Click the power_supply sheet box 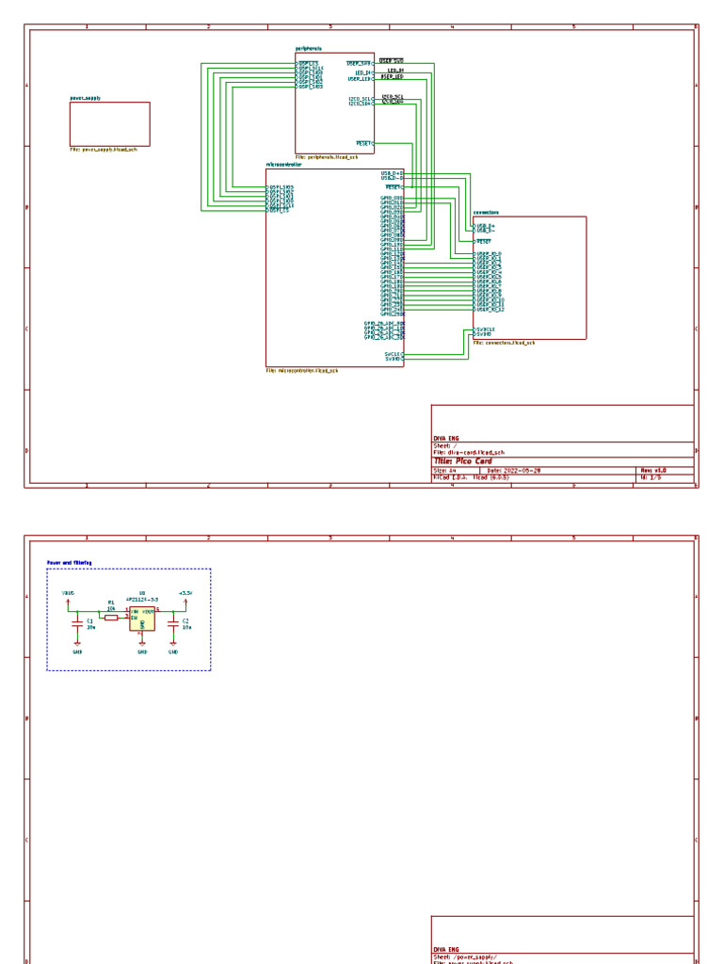(109, 123)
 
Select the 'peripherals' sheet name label (309, 49)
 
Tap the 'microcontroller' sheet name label (283, 164)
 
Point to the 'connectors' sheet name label (486, 213)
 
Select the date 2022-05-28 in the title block (522, 469)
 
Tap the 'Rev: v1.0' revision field (653, 469)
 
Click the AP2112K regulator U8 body (142, 618)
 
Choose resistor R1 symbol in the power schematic (111, 617)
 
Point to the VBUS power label (67, 593)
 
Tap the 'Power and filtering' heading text (69, 563)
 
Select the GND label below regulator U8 (142, 651)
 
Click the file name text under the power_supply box (104, 149)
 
